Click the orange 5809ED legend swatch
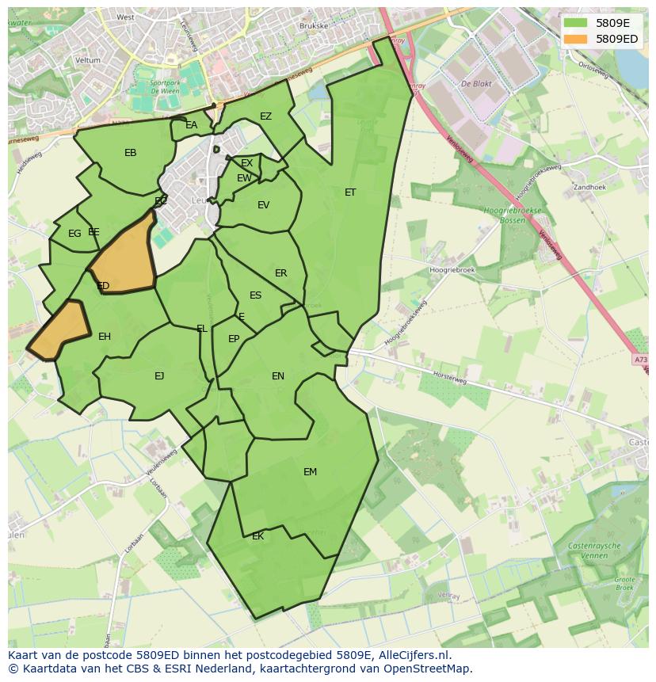(576, 39)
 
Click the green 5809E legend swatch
(576, 23)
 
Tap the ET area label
(350, 192)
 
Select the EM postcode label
(310, 472)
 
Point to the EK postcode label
(257, 536)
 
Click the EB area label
(131, 153)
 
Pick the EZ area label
(265, 116)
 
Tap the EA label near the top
(191, 125)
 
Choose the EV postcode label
(263, 205)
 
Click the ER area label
(280, 273)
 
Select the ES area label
(255, 295)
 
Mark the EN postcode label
(277, 376)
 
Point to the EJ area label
(159, 376)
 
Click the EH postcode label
(105, 337)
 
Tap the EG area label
(74, 234)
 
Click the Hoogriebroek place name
(451, 270)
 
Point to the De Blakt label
(477, 83)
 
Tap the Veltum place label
(88, 60)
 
